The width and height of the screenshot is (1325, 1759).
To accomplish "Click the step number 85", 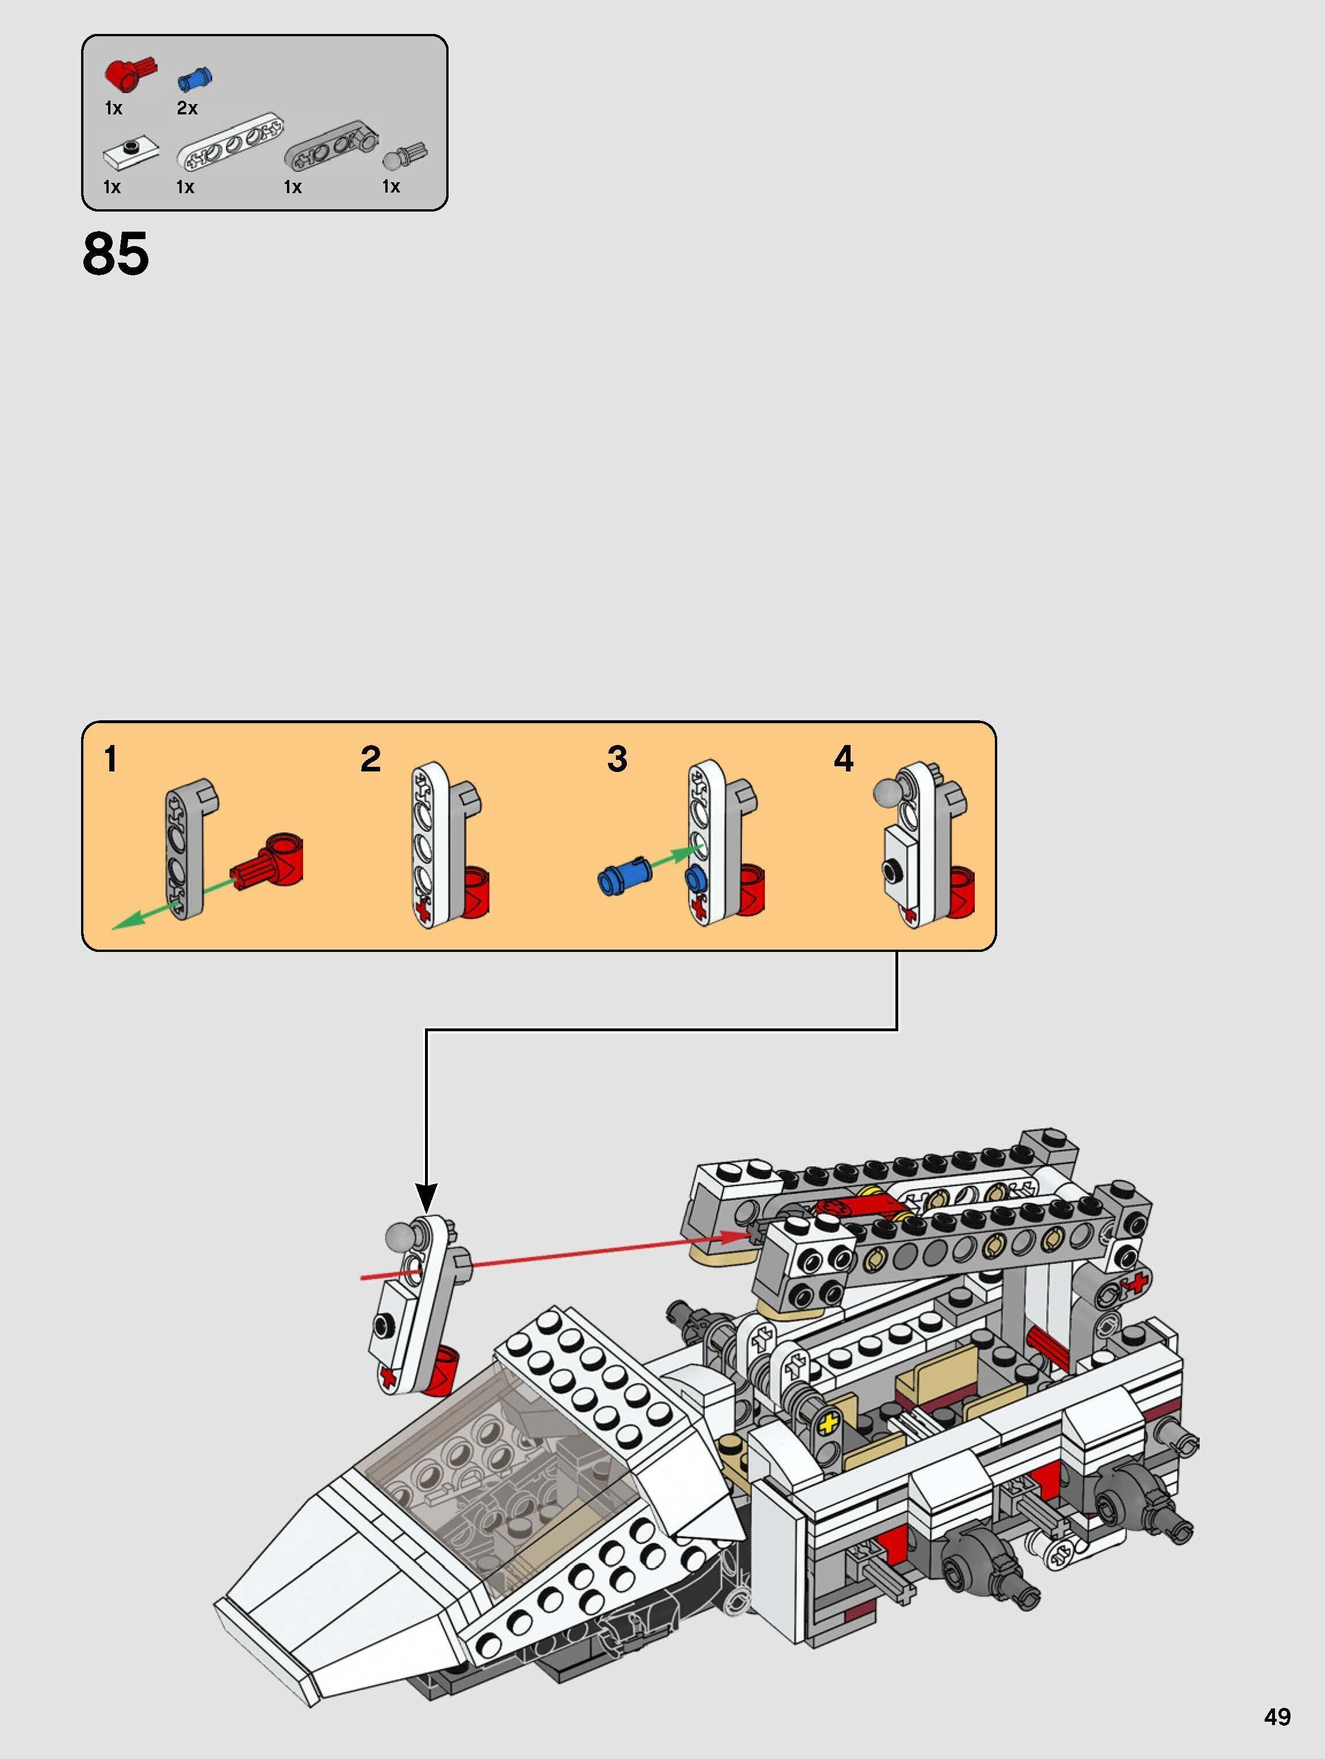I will [x=116, y=255].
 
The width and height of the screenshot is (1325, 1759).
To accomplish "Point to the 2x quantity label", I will [x=187, y=108].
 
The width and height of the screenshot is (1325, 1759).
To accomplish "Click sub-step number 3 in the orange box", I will [x=617, y=759].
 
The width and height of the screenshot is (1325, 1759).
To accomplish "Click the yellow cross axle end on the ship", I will [x=829, y=1423].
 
